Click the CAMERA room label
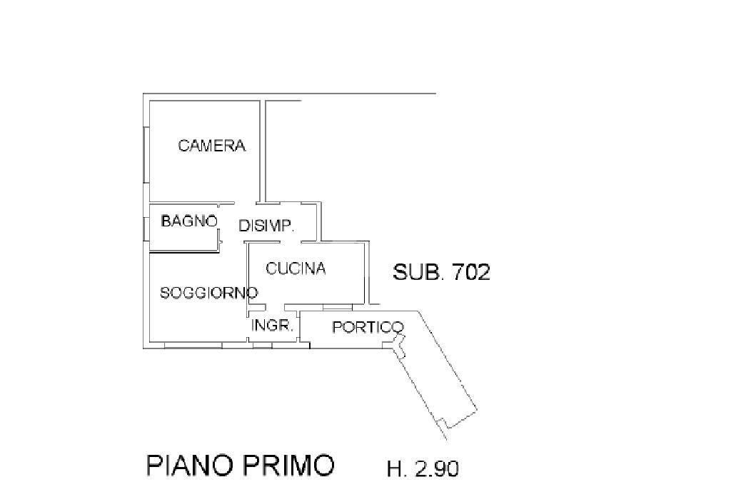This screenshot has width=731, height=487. tap(211, 146)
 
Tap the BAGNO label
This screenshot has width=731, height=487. tap(189, 221)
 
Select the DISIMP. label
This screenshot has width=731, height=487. tap(266, 226)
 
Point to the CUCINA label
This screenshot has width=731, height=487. tap(296, 268)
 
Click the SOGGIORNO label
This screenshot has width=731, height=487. tap(209, 293)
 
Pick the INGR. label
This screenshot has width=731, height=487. tap(272, 325)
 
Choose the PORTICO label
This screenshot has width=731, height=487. tap(368, 327)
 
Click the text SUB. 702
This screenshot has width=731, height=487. tap(441, 272)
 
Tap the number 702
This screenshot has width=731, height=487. tap(472, 272)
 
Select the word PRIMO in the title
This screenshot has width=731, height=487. tap(288, 465)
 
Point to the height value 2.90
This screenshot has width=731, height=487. tap(436, 468)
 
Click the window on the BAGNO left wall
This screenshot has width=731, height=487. tap(146, 229)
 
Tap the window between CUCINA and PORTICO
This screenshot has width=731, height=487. tap(338, 307)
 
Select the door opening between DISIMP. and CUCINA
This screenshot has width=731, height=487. tap(290, 242)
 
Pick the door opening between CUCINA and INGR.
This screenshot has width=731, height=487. tap(275, 307)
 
